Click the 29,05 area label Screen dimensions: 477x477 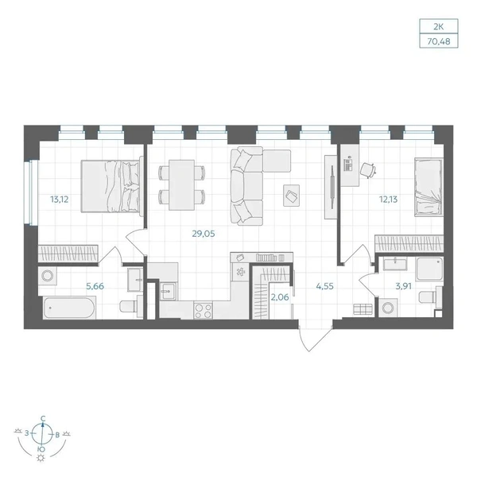(x=204, y=234)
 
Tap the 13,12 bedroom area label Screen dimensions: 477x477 (x=60, y=200)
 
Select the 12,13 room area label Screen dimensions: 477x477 (x=388, y=200)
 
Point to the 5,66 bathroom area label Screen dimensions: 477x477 (x=95, y=286)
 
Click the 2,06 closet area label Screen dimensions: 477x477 (x=280, y=297)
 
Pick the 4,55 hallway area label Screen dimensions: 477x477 (x=324, y=286)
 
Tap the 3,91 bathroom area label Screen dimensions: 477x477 (x=403, y=286)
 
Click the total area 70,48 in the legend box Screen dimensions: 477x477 (x=439, y=41)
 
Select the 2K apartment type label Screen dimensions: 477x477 (x=438, y=27)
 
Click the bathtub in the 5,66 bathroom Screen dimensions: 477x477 (x=69, y=308)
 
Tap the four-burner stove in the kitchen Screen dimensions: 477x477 (x=204, y=311)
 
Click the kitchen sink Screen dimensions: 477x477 (x=168, y=292)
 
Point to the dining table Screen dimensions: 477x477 (x=181, y=185)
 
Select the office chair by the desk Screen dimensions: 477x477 (x=368, y=170)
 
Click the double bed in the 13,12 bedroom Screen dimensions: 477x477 (x=112, y=186)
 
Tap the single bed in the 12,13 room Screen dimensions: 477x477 (x=429, y=187)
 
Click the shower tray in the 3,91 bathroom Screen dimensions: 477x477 (x=429, y=269)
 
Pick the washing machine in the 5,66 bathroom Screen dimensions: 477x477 (x=47, y=276)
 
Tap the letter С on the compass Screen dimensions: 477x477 (x=43, y=418)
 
